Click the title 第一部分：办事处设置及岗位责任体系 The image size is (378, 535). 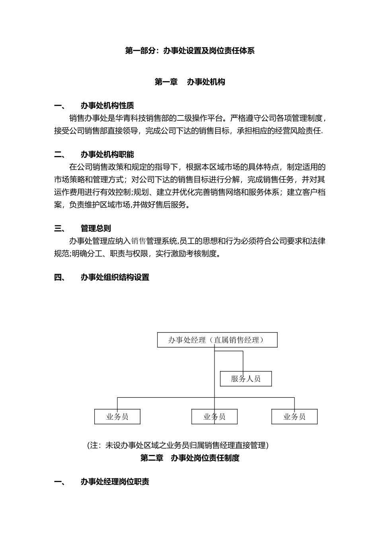click(190, 51)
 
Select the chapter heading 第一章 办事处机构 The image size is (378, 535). click(190, 82)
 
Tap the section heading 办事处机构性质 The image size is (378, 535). click(107, 105)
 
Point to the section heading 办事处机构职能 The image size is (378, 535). click(107, 154)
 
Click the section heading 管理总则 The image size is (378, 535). click(95, 228)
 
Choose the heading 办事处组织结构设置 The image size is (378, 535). click(115, 277)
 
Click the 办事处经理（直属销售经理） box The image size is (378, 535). click(217, 340)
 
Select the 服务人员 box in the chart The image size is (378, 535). click(246, 379)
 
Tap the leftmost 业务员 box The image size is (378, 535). click(117, 417)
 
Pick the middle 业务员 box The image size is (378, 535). click(214, 417)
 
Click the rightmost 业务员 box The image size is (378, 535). click(294, 417)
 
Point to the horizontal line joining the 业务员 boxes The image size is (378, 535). click(167, 397)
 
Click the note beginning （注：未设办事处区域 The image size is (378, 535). click(177, 445)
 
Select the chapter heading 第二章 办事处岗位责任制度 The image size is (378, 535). click(190, 458)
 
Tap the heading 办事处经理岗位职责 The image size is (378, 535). click(115, 482)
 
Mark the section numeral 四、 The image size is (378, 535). click(60, 277)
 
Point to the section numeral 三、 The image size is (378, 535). click(60, 228)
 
